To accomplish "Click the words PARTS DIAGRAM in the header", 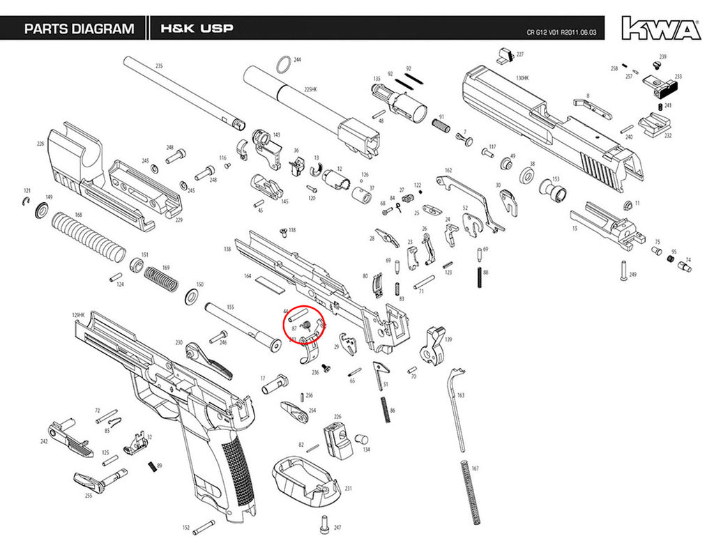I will [x=79, y=29].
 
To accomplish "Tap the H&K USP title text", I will [x=197, y=29].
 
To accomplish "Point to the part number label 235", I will [x=158, y=66].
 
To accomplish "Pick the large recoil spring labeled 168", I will [x=91, y=235].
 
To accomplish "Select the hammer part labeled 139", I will [x=436, y=346].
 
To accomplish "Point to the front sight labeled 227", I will [x=506, y=54].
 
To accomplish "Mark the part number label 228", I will [x=41, y=144].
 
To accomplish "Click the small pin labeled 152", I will [x=204, y=524].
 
